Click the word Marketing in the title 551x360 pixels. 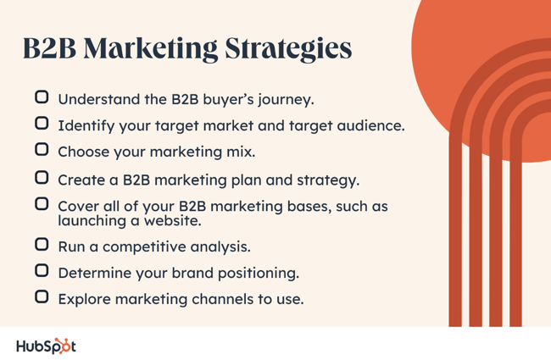point(151,49)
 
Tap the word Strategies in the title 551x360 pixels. point(288,49)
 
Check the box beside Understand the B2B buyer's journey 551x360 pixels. point(42,97)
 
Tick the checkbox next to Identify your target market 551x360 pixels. point(42,124)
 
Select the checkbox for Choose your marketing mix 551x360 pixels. point(42,149)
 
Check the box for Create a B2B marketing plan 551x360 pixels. point(42,178)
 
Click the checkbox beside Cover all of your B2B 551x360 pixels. point(42,203)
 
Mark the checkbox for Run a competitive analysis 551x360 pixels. point(42,244)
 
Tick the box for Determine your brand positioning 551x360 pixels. point(42,270)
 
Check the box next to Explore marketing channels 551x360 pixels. point(42,296)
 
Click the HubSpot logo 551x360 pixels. point(46,346)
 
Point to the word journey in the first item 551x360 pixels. point(286,100)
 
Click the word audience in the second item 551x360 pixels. point(370,125)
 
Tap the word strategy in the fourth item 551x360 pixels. point(328,180)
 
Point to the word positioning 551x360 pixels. point(259,274)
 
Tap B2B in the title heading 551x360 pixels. point(49,48)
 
